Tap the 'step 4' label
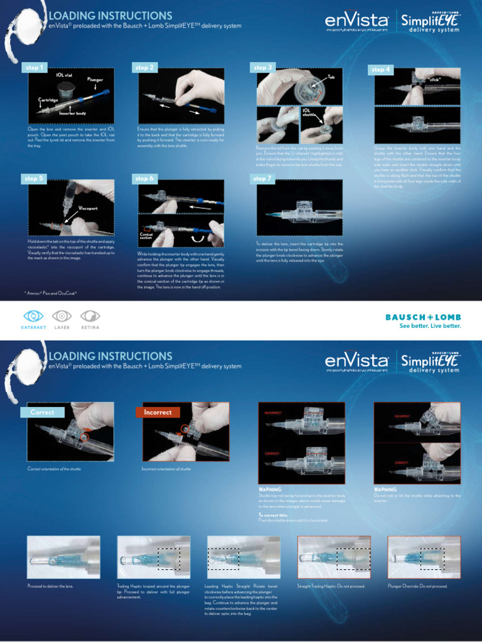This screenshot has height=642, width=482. point(382,70)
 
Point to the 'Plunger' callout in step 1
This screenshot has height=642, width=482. point(95,80)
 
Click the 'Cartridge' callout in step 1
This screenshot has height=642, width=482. point(48,100)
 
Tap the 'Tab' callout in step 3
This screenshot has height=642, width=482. point(331,76)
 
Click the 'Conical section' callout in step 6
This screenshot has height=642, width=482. point(146,236)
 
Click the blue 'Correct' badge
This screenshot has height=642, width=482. point(43,413)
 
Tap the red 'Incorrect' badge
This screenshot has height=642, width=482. point(158,413)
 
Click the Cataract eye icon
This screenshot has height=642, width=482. point(34,316)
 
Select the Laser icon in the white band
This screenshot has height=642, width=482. point(62,316)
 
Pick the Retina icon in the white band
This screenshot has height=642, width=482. point(90,316)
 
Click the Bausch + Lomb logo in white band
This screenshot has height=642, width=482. point(423,317)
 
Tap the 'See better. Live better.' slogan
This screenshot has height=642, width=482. point(431,326)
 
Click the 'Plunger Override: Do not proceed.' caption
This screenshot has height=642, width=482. point(417,586)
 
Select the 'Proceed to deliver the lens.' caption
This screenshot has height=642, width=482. point(50,586)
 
